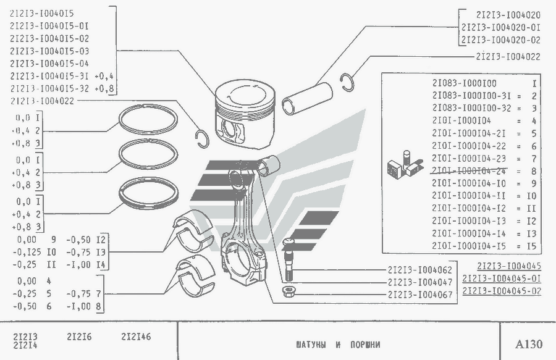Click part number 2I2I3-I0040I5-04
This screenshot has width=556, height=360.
49,64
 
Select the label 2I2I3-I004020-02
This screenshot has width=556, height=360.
500,40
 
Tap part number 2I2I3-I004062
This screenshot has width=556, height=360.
420,270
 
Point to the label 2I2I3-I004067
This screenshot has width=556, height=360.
420,294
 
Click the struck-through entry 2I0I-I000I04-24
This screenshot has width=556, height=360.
470,170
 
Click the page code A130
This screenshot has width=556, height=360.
528,343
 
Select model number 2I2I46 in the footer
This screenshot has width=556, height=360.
136,337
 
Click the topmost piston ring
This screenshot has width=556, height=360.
148,118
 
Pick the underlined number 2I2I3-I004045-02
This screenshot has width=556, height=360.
502,290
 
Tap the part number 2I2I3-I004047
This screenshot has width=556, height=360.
420,282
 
